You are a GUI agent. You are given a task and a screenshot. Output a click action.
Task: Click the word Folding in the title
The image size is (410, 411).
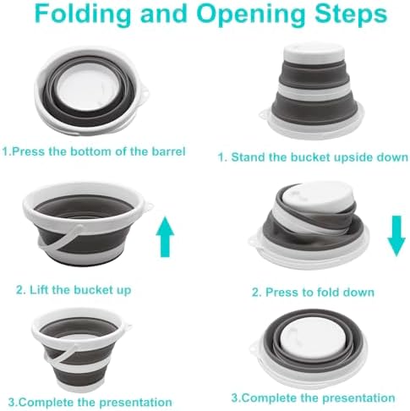point(83,14)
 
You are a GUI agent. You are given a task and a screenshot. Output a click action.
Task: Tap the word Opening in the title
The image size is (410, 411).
point(251,14)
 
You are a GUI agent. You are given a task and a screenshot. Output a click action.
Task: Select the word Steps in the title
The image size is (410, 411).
point(351,14)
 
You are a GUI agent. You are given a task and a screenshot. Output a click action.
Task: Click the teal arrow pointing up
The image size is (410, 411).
point(165,237)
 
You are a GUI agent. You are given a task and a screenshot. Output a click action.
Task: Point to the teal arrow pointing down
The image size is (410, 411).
point(396,236)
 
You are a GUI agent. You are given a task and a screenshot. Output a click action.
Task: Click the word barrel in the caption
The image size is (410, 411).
point(169,151)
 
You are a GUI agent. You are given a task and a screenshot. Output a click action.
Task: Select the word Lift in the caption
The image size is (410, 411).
point(39,289)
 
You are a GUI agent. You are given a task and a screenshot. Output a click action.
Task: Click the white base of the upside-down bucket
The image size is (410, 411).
point(314,53)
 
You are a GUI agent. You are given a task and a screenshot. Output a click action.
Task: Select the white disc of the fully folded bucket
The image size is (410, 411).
point(314,337)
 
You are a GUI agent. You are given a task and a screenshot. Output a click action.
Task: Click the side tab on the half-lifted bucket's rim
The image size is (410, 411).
point(149,206)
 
